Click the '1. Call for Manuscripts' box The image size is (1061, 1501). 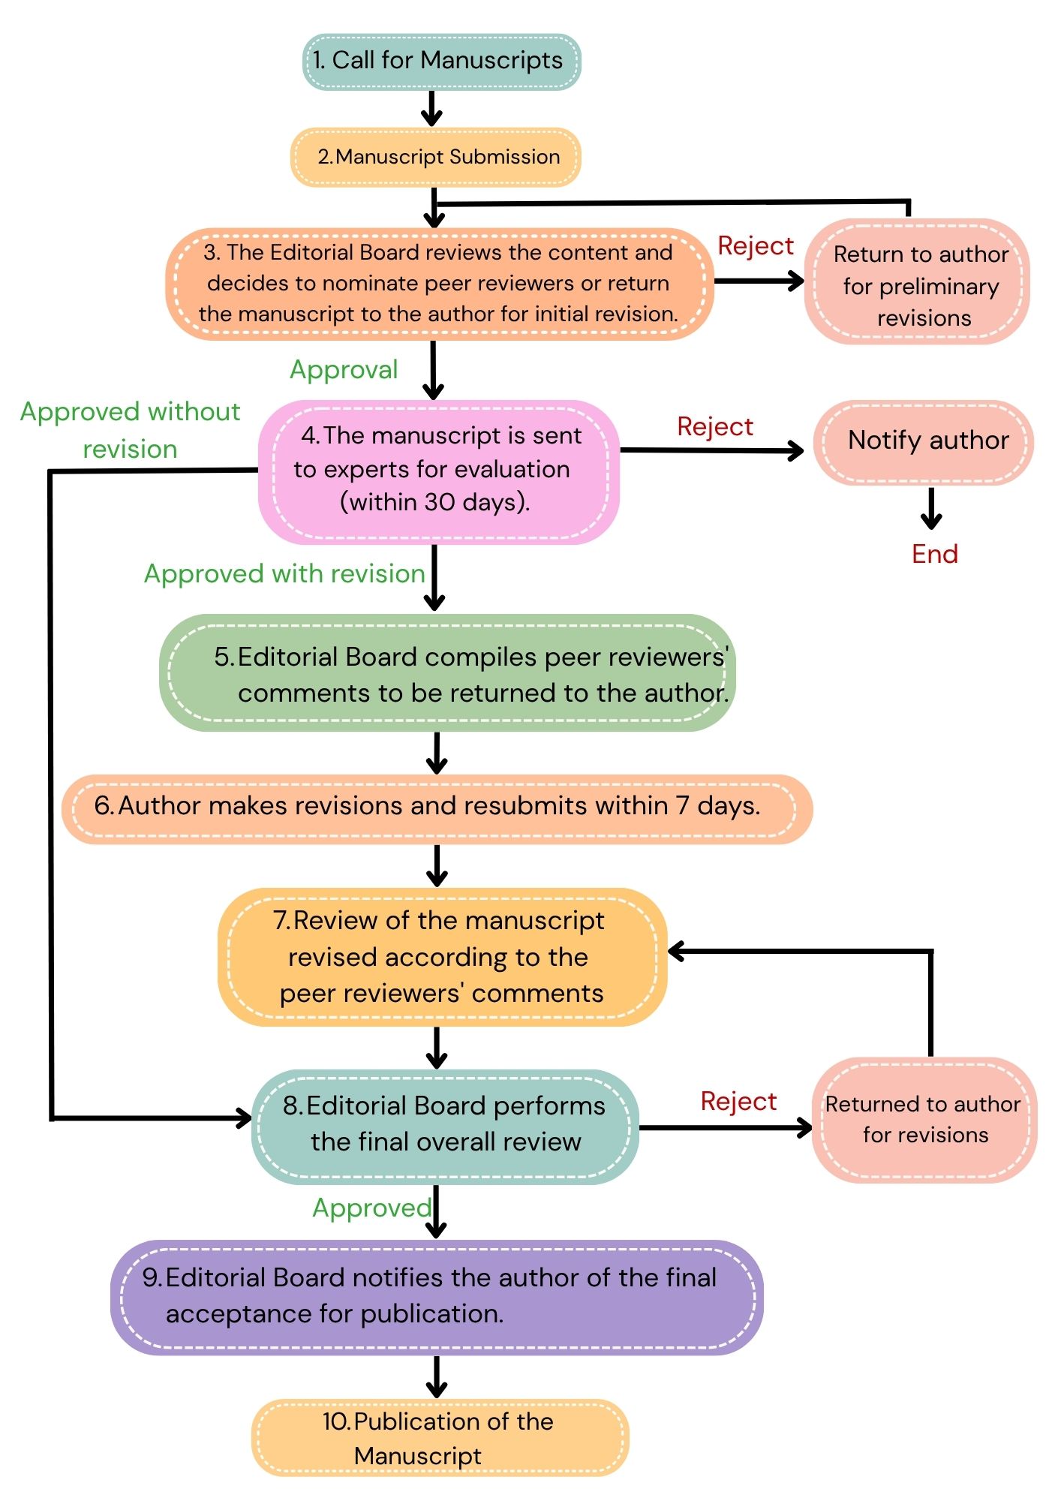[441, 62]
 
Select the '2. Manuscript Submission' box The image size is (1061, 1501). [436, 157]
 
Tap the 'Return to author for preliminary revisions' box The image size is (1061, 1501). [917, 282]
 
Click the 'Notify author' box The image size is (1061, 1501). [924, 443]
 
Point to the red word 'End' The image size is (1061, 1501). [935, 554]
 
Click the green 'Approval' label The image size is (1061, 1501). [344, 370]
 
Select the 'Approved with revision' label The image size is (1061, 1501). [284, 574]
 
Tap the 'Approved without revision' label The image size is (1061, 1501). [130, 430]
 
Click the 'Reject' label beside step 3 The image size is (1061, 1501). [756, 246]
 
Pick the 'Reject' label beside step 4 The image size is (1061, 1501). [715, 426]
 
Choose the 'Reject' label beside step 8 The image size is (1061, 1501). [738, 1101]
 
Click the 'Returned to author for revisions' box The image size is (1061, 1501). [924, 1120]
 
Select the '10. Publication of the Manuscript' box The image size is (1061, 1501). [440, 1438]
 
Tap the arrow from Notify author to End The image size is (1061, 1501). [931, 509]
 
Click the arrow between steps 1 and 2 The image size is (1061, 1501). [431, 109]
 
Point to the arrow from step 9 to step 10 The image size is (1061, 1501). [436, 1376]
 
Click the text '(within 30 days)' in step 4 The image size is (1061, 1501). [435, 502]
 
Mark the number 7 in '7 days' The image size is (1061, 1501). [682, 805]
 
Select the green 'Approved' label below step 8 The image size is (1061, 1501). [372, 1208]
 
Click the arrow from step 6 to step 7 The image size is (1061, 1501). [437, 866]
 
